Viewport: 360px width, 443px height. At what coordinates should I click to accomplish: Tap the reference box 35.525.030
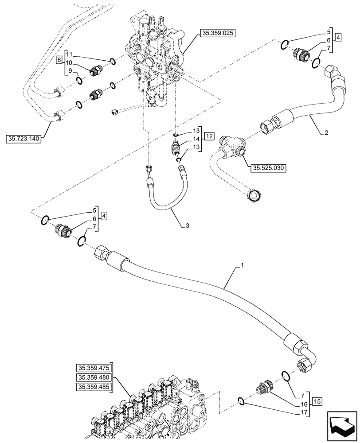(269, 168)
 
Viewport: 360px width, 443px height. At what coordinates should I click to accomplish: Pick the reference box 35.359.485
(94, 387)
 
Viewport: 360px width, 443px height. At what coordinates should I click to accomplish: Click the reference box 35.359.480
(94, 377)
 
